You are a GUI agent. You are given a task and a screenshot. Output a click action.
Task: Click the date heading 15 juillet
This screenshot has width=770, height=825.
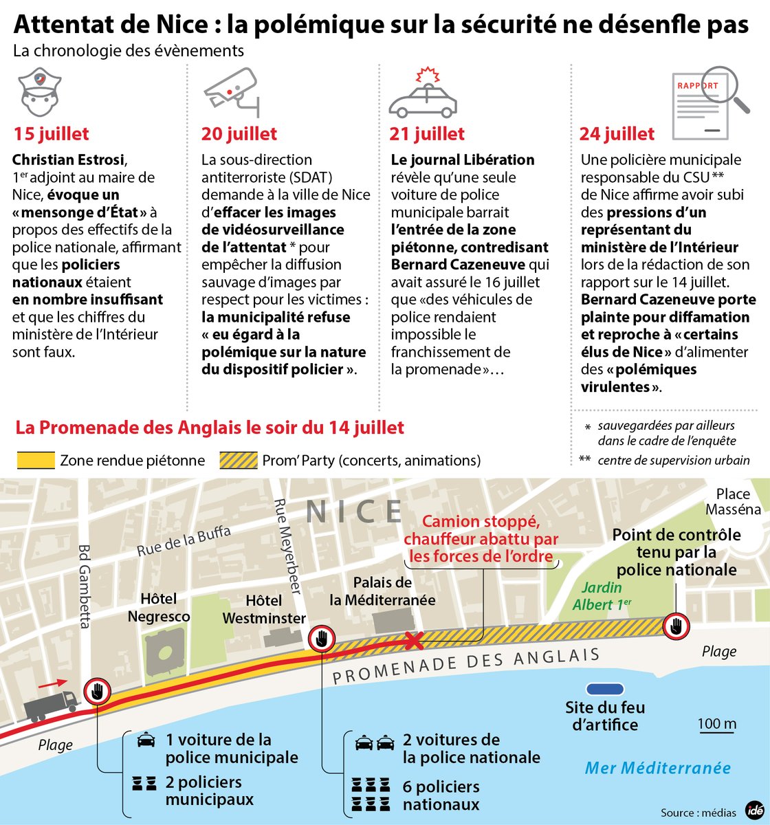[52, 133]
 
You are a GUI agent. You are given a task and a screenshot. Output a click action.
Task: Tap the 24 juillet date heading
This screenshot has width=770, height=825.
[617, 133]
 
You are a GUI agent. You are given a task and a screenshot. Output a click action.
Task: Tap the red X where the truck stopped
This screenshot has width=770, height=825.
[413, 641]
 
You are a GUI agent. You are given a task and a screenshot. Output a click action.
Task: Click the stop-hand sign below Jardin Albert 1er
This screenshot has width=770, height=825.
[676, 626]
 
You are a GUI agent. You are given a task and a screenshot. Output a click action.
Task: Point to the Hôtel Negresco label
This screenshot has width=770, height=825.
[159, 608]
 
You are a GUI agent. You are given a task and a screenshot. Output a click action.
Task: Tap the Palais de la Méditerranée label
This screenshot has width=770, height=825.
[382, 591]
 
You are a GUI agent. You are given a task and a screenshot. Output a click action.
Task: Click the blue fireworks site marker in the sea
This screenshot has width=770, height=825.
[604, 689]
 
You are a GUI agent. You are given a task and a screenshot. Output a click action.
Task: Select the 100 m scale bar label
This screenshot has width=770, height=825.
[716, 723]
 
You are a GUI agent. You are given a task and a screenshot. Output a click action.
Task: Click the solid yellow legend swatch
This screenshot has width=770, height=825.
[35, 460]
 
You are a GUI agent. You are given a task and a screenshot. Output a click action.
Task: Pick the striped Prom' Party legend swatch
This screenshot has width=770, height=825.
[238, 460]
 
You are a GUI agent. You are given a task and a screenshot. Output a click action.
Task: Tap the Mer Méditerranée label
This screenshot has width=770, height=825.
[657, 768]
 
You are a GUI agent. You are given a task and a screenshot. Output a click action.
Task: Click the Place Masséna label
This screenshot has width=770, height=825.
[733, 502]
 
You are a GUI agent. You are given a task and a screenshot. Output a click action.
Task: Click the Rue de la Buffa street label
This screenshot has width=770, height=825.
[184, 540]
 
